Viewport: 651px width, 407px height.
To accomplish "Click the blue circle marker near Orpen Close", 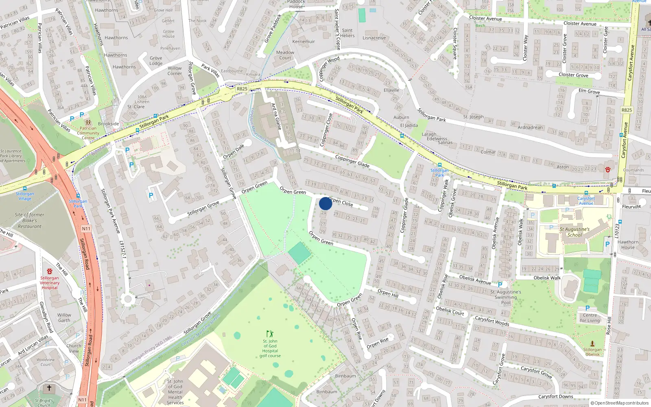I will point(325,203).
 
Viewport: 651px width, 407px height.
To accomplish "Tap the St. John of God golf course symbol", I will point(269,334).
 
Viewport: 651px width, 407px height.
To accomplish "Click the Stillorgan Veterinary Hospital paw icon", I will point(50,271).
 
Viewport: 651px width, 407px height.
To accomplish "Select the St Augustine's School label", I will point(574,232).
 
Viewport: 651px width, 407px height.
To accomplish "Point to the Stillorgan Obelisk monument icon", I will point(592,344).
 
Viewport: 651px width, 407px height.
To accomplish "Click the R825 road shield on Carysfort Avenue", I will point(627,110).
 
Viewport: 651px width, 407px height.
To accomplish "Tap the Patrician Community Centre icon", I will point(88,122).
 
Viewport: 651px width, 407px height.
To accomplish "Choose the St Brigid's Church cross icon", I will point(49,388).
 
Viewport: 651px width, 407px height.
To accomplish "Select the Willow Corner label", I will point(175,71).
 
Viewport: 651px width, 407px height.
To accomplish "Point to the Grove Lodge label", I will point(156,61).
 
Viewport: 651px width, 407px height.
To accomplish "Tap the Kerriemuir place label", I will point(304,42).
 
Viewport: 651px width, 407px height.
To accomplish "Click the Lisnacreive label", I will point(374,38).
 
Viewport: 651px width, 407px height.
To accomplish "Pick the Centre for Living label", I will point(590,318).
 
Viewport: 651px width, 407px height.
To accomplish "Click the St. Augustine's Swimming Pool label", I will point(506,297).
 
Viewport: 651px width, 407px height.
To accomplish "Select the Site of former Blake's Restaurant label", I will point(29,221).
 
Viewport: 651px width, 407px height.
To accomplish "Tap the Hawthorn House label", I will point(628,245).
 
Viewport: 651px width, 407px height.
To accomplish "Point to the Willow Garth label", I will point(64,317).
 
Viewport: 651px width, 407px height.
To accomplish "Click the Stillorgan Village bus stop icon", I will point(25,188).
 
